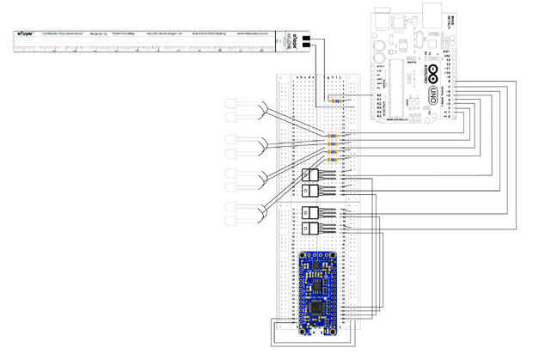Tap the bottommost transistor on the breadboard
pyautogui.click(x=309, y=229)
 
